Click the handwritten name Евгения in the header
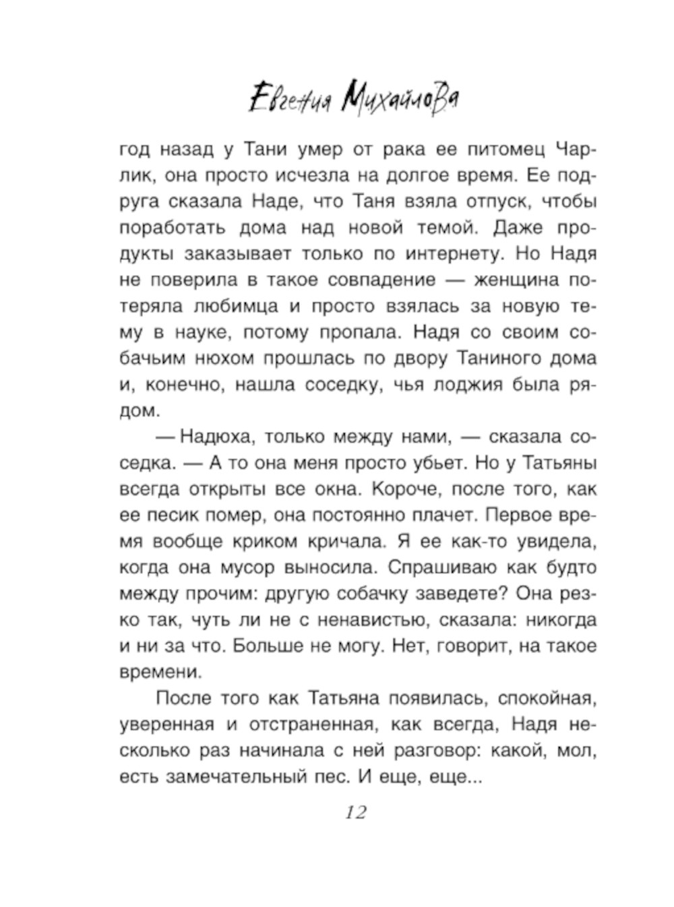pyautogui.click(x=290, y=100)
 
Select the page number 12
pyautogui.click(x=356, y=813)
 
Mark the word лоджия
pyautogui.click(x=472, y=384)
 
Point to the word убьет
pyautogui.click(x=429, y=463)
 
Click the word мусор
pyautogui.click(x=247, y=567)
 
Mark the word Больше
pyautogui.click(x=268, y=646)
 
